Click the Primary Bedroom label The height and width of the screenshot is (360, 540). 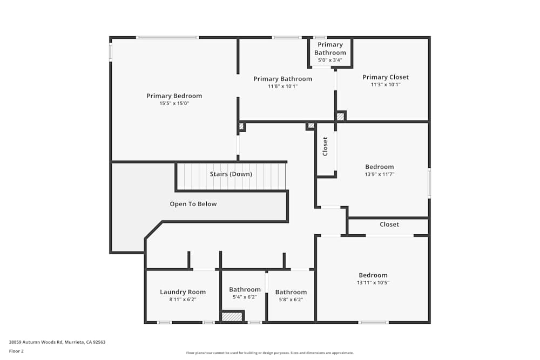(174, 96)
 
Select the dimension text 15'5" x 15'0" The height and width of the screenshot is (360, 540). (174, 103)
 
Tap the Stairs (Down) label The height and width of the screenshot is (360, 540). (231, 174)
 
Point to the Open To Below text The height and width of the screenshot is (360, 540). (193, 204)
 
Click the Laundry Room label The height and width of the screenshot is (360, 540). (183, 292)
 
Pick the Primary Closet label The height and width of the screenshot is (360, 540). (385, 77)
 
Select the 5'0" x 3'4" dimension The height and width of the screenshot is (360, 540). (330, 60)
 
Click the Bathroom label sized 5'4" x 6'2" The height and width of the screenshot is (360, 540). (245, 290)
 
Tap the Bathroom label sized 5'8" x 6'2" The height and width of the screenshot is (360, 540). (291, 292)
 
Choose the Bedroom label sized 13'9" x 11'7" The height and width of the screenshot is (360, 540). (379, 167)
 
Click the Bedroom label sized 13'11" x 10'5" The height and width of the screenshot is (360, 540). (373, 275)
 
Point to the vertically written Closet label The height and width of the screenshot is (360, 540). (325, 146)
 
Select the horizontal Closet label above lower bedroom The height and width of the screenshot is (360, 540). (389, 225)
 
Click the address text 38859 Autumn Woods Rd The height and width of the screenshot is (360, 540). (57, 342)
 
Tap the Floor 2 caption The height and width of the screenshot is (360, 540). (16, 351)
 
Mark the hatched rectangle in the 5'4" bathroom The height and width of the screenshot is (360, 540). (232, 317)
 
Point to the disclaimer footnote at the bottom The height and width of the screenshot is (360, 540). (270, 352)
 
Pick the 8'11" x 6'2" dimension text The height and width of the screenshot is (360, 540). (183, 299)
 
